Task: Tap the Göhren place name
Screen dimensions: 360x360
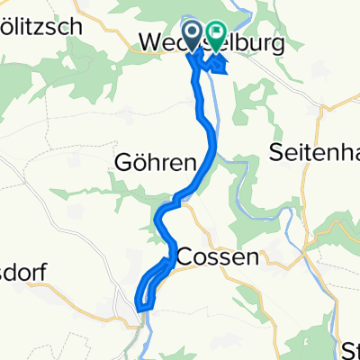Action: (x=155, y=163)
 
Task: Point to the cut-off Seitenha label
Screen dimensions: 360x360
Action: (x=314, y=154)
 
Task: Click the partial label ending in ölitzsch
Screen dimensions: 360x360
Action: (x=41, y=26)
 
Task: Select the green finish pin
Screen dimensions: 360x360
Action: (x=217, y=37)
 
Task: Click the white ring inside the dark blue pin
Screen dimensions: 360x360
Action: (x=193, y=31)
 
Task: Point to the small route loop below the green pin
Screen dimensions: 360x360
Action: (x=216, y=66)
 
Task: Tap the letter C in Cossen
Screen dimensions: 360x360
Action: (x=184, y=256)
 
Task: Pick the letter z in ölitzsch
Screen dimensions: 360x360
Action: (x=52, y=26)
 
